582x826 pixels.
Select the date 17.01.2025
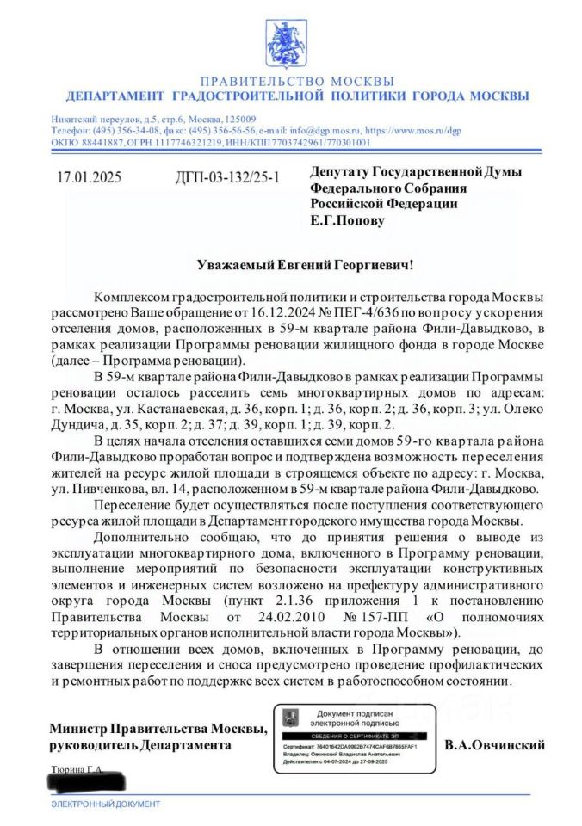coord(89,178)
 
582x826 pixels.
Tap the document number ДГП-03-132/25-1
coord(226,178)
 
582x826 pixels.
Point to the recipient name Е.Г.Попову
coord(347,219)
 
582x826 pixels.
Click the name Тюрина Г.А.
coord(77,770)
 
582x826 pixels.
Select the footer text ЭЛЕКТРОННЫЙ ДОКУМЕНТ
coord(106,804)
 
